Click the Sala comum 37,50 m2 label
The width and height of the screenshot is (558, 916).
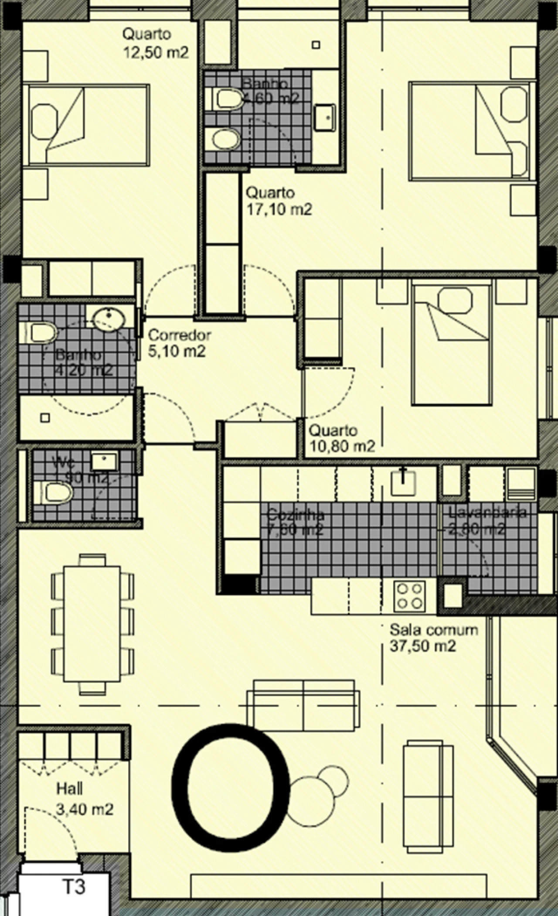point(433,637)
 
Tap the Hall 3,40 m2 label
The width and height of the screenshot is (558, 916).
point(85,800)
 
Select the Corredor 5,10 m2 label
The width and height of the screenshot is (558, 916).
point(179,343)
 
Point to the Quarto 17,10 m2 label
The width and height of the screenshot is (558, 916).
point(279,201)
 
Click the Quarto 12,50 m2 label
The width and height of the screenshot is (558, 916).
point(156,43)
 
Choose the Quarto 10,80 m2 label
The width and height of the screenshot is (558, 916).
point(342,438)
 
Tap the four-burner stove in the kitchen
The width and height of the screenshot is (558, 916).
point(409,595)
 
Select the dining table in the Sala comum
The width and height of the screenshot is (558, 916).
point(92,624)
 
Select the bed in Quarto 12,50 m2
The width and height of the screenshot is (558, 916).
point(87,125)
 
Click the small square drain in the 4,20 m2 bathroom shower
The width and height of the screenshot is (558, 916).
point(45,417)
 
